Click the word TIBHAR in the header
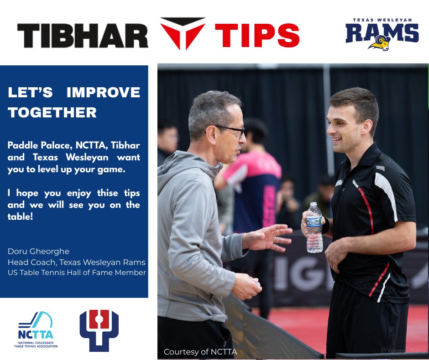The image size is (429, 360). pos(83,35)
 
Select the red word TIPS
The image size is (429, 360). pos(257,35)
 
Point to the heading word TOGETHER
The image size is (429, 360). pos(52,112)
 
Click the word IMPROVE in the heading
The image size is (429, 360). pos(103,93)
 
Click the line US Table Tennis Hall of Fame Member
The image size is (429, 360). pos(77,273)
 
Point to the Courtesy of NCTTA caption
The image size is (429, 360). pos(200,352)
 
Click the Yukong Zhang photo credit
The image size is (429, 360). pos(403,351)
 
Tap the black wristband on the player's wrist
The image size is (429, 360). pos(326,224)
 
